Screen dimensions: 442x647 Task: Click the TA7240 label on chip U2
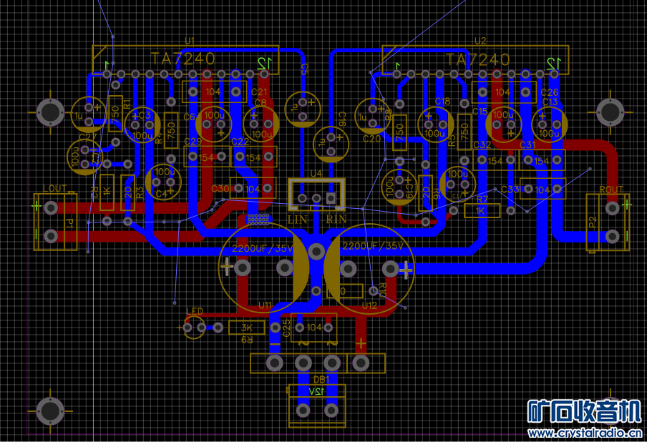[477, 59]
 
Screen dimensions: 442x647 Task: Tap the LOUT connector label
[54, 188]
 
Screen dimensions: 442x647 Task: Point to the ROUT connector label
[610, 189]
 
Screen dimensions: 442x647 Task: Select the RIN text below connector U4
[336, 218]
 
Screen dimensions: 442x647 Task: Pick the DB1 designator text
[321, 379]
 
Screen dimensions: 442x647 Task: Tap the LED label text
[195, 311]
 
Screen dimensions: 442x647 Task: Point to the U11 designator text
[265, 305]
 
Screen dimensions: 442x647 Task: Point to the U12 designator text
[369, 305]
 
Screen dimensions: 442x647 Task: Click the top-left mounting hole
[49, 112]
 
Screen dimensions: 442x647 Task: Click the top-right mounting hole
[610, 112]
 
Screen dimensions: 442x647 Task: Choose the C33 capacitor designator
[510, 189]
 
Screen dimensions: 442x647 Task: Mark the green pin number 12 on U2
[552, 64]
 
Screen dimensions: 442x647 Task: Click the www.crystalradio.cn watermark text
[584, 433]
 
